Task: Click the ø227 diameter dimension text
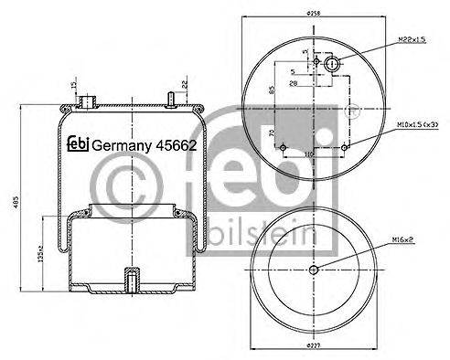point(313,344)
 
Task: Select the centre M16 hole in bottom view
point(313,269)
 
